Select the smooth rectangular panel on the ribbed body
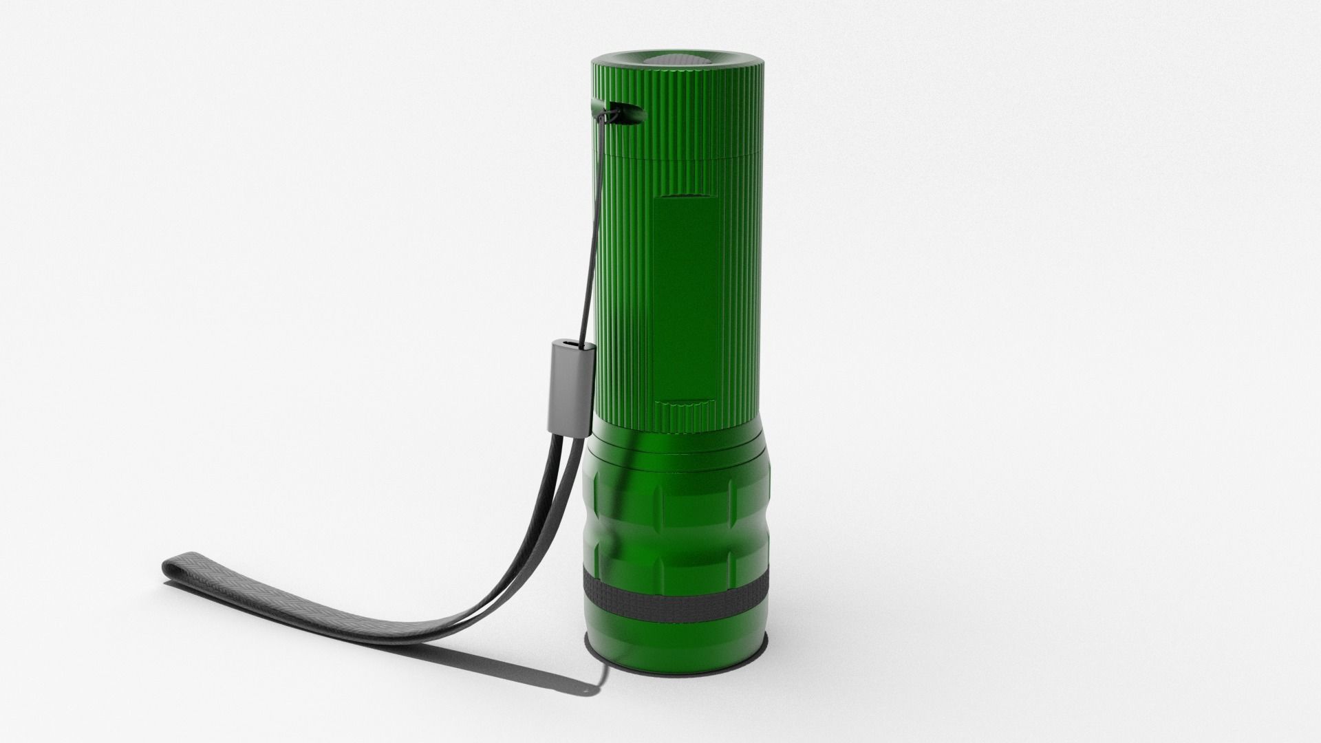685,296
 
